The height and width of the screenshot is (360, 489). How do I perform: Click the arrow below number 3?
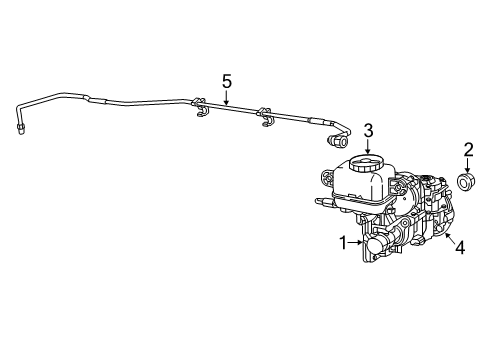coord(368,147)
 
